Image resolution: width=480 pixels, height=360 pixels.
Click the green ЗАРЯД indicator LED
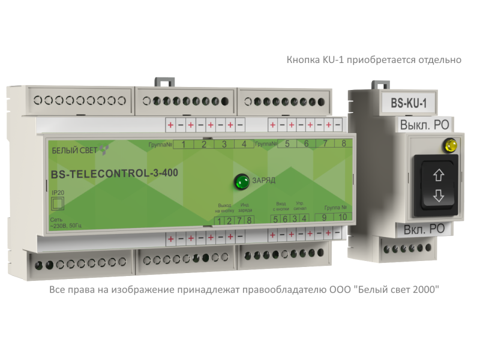[242, 181]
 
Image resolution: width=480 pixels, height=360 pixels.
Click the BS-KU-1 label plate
[408, 103]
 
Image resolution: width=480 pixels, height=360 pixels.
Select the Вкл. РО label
[424, 229]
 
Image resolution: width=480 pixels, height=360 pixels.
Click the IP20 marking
[56, 192]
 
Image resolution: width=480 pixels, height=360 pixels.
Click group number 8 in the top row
[343, 143]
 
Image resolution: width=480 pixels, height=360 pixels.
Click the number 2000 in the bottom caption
[424, 290]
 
